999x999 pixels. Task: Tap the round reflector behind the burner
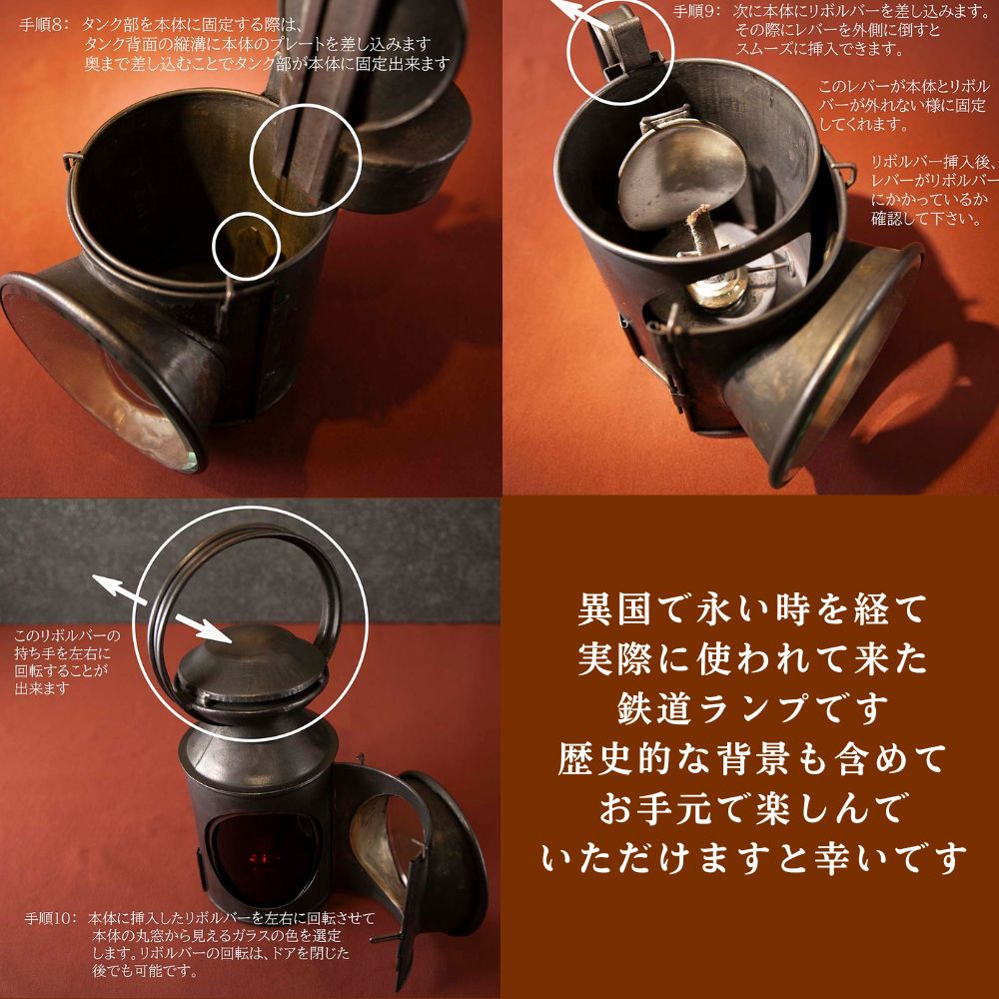click(x=679, y=170)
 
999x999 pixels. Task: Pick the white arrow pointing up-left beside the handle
click(x=118, y=593)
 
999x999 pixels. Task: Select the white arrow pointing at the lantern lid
click(x=202, y=626)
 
